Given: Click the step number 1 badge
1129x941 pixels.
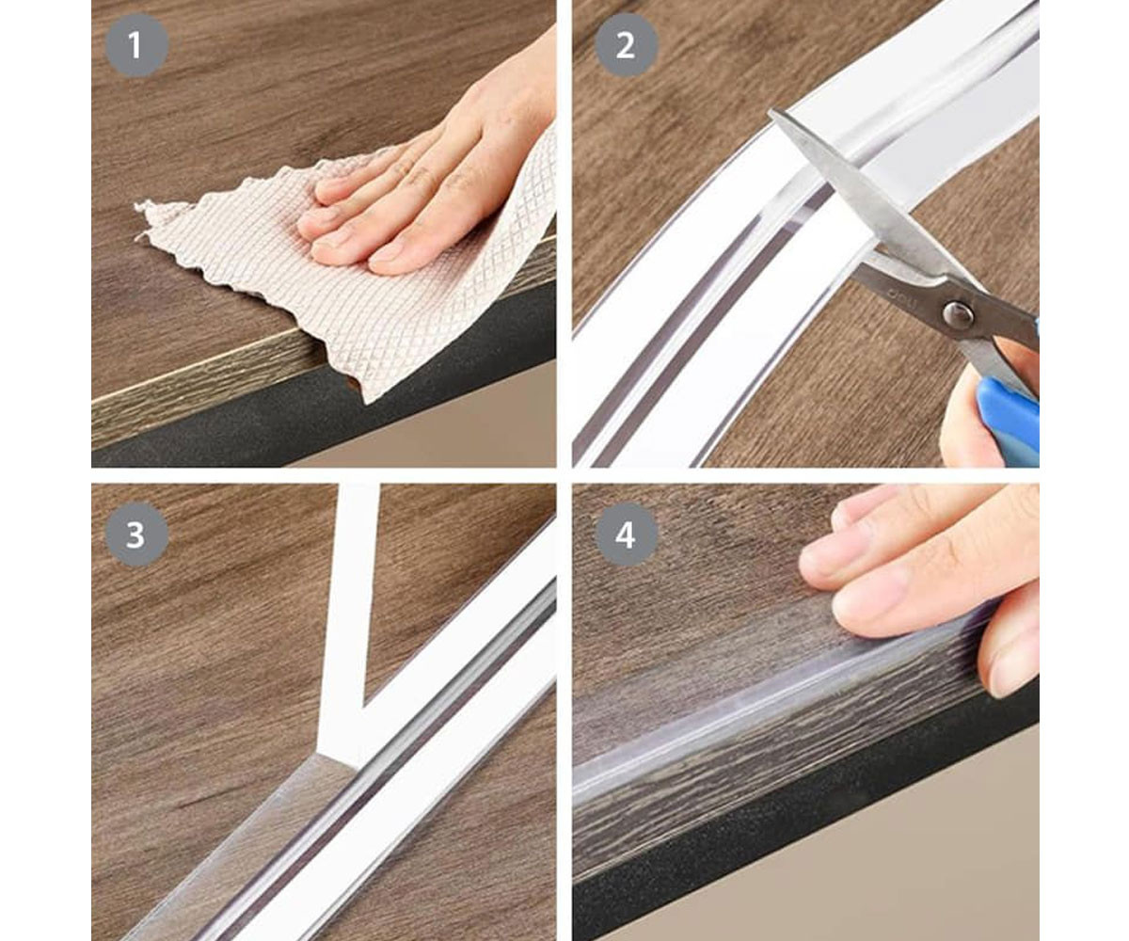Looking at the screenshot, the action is pyautogui.click(x=136, y=45).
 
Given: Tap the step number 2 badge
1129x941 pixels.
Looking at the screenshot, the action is pyautogui.click(x=626, y=45).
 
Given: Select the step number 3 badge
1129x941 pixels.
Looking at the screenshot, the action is pyautogui.click(x=136, y=534).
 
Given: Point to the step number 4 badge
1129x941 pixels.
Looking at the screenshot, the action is pyautogui.click(x=626, y=534).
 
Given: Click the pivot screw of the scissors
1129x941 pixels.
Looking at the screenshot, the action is pyautogui.click(x=958, y=315).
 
